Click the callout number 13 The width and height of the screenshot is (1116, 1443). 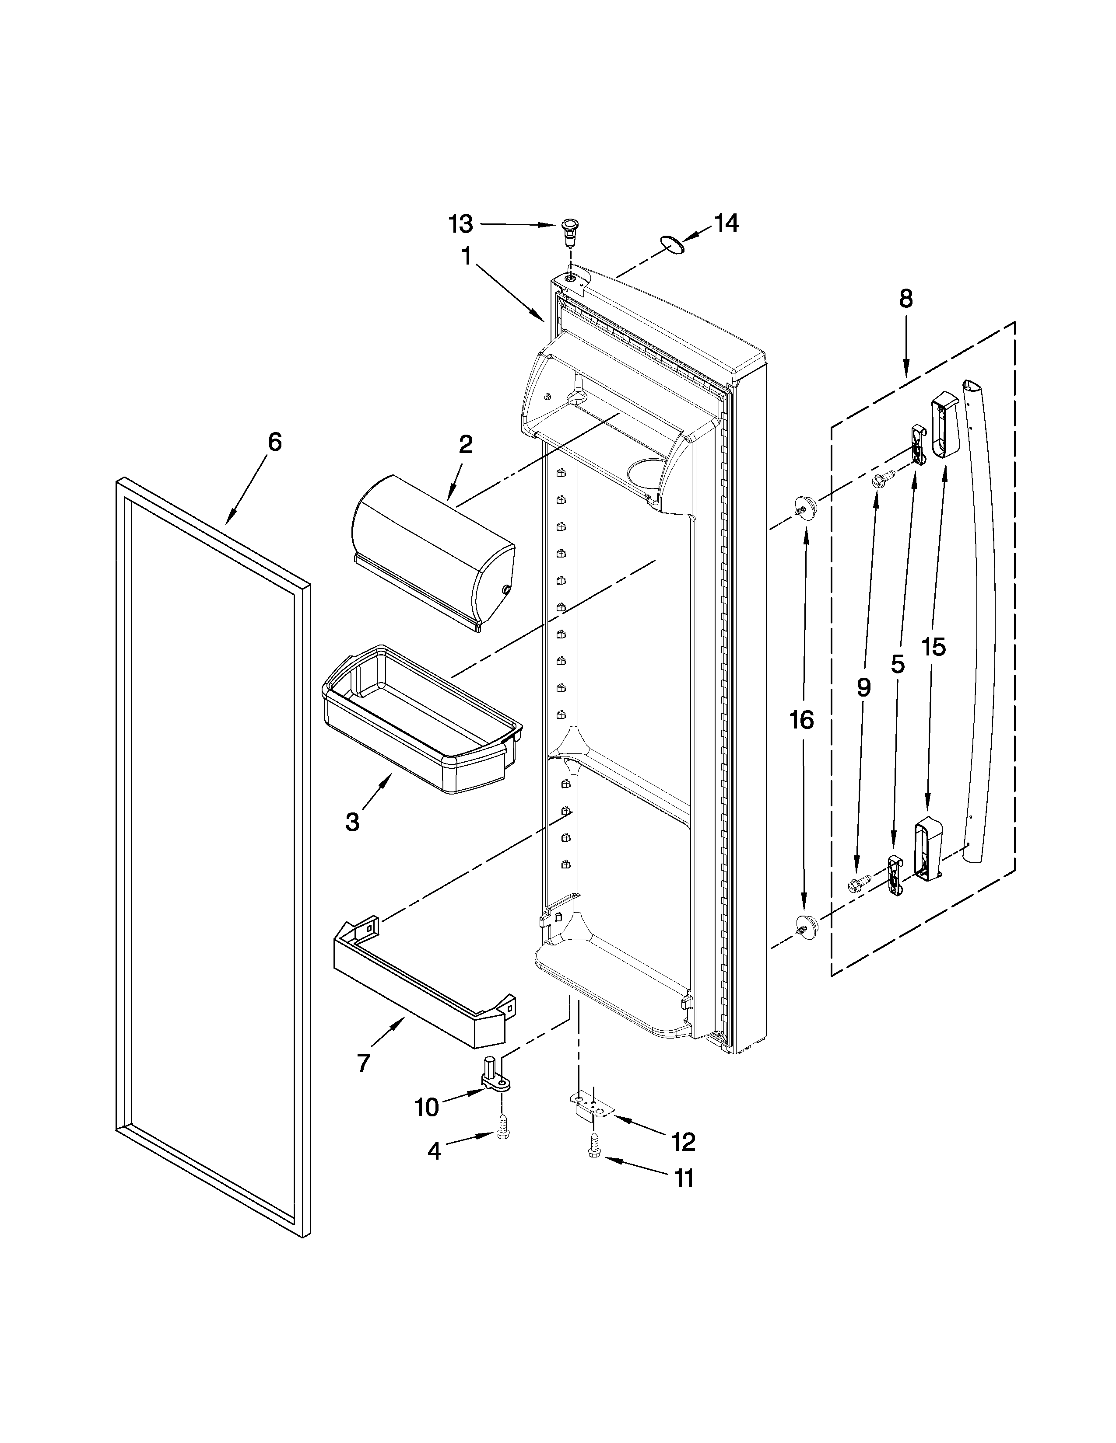point(461,225)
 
